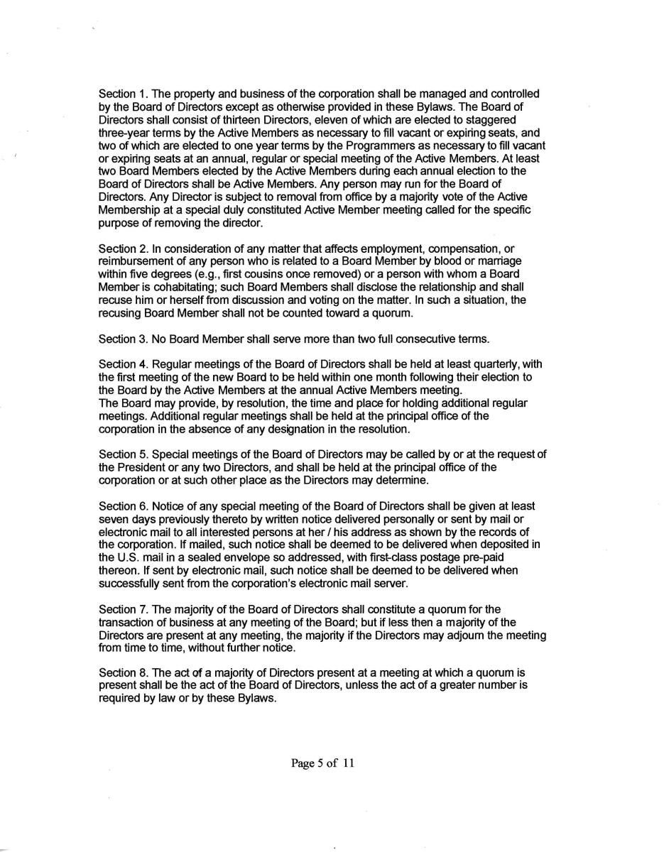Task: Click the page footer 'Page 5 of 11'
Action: [x=322, y=764]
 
